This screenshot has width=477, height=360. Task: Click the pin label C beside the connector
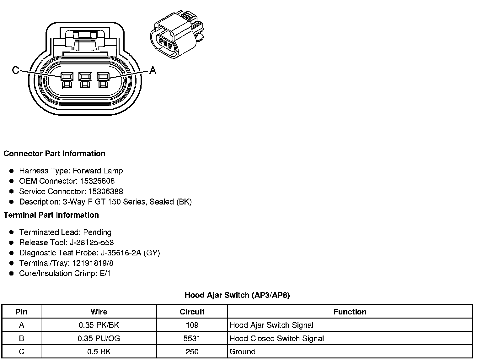tap(15, 70)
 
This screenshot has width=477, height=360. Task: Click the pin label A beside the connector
tap(153, 70)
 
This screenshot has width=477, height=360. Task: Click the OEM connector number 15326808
tap(97, 181)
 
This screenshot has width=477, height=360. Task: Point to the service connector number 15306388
tap(105, 192)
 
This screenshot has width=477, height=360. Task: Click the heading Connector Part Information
tap(54, 154)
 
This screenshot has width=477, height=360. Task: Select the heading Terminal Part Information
tap(51, 215)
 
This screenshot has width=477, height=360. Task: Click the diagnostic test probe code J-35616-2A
tap(121, 253)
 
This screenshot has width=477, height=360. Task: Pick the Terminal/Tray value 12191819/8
tap(93, 263)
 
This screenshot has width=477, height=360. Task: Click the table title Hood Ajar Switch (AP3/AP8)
tap(237, 295)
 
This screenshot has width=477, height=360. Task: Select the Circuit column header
tap(192, 312)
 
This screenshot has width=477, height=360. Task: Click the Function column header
tap(350, 312)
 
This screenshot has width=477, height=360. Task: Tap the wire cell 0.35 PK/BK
tap(99, 325)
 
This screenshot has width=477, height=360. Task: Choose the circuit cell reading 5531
tap(192, 339)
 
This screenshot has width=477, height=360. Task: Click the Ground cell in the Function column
tap(242, 352)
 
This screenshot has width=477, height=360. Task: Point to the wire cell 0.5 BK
tap(99, 352)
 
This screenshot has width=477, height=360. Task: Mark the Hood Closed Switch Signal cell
tap(276, 339)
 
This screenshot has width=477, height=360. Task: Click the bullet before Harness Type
tap(12, 171)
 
